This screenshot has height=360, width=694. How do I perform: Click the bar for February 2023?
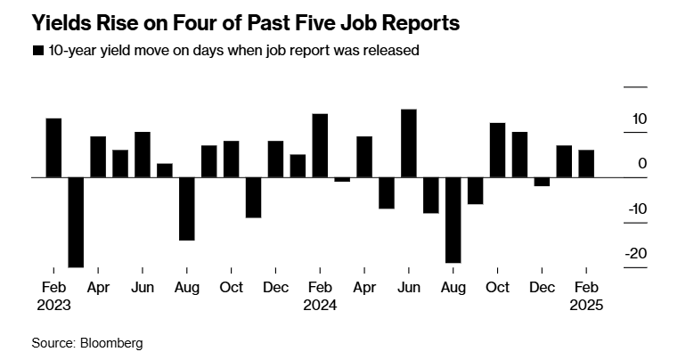click(53, 148)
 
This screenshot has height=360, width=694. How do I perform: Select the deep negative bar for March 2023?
click(76, 222)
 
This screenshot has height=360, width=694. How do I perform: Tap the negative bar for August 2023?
click(186, 209)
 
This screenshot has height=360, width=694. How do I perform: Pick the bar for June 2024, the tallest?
click(409, 143)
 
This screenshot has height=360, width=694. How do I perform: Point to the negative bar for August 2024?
click(453, 220)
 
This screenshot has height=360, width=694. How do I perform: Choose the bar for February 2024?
click(320, 145)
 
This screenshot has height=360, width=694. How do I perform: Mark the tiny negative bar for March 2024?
click(342, 179)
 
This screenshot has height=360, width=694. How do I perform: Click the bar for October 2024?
click(497, 150)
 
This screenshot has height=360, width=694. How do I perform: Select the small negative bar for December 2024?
click(542, 182)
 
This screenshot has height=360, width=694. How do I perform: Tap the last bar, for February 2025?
click(586, 164)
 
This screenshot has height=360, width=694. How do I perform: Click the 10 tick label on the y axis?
click(639, 119)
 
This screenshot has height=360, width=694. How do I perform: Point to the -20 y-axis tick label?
click(635, 253)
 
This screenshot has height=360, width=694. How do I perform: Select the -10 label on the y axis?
click(635, 209)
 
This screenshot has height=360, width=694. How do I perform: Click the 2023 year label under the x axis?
click(53, 305)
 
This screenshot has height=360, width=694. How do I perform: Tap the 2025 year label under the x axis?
click(586, 305)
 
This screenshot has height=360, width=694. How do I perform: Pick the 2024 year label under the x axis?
click(320, 305)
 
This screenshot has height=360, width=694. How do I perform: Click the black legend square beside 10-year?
click(37, 51)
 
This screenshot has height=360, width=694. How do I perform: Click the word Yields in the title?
click(61, 20)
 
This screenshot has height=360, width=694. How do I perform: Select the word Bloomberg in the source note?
click(110, 342)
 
